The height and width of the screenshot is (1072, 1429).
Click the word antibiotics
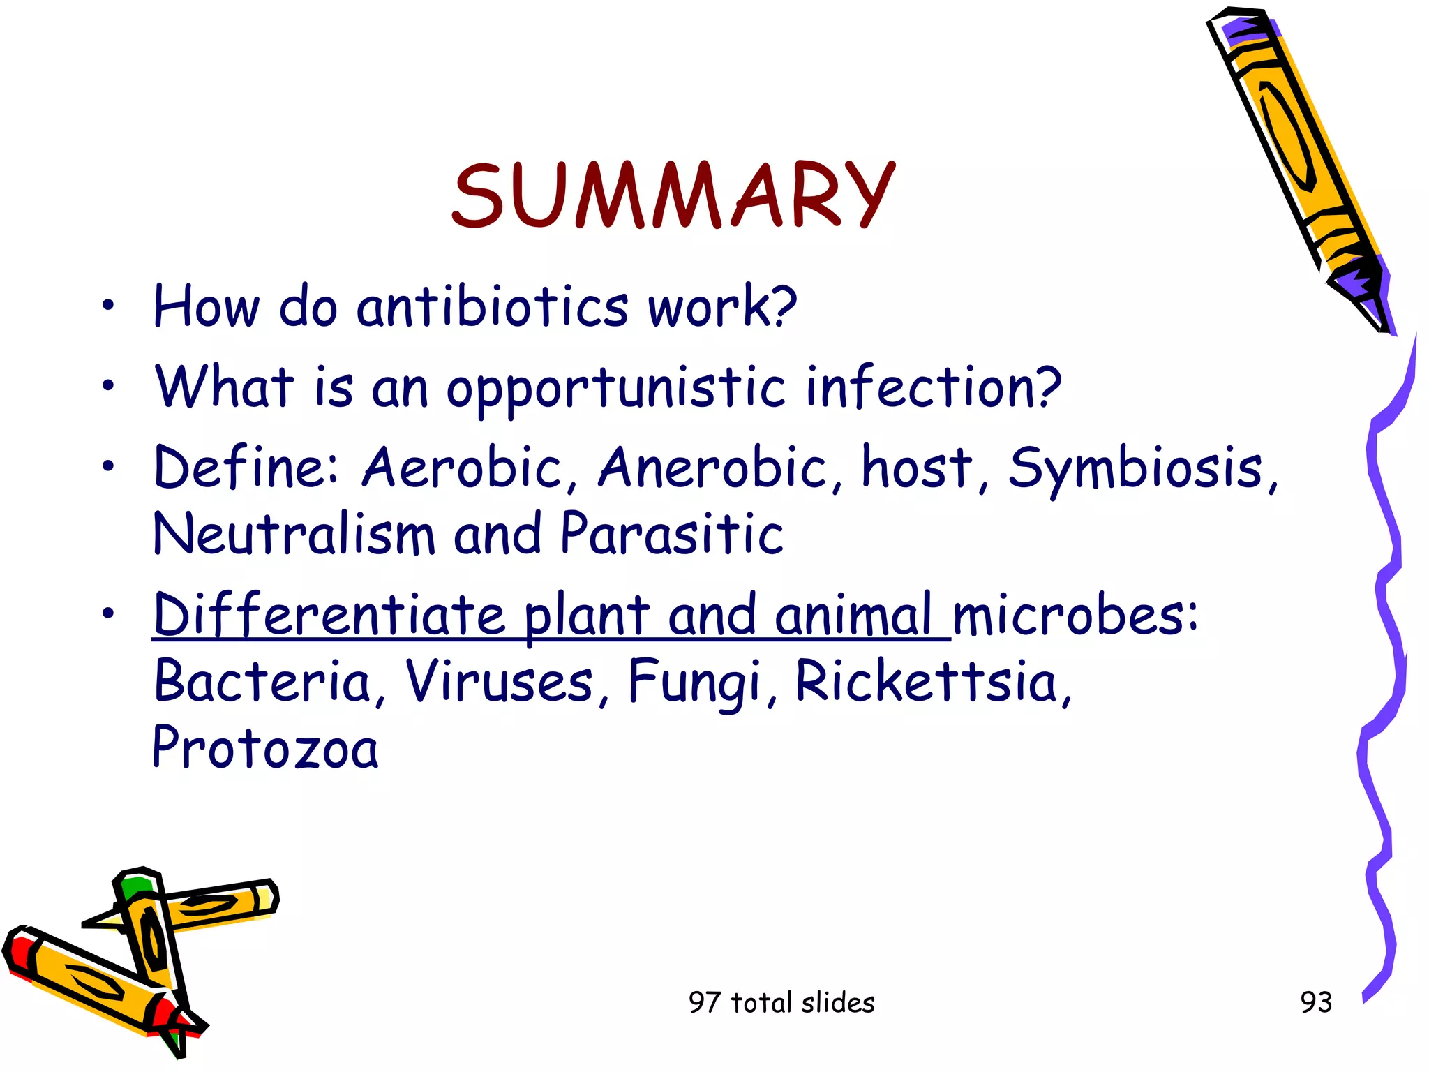pyautogui.click(x=493, y=307)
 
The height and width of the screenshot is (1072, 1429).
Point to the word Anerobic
pyautogui.click(x=712, y=468)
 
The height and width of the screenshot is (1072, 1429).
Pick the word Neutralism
pyautogui.click(x=293, y=535)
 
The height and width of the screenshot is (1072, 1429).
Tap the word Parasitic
pyautogui.click(x=671, y=535)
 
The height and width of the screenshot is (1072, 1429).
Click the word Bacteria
pyautogui.click(x=262, y=681)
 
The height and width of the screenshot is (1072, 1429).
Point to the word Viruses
pyautogui.click(x=500, y=681)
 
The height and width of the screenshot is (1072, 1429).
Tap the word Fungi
pyautogui.click(x=694, y=681)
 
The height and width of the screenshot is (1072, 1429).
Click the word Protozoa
pyautogui.click(x=265, y=748)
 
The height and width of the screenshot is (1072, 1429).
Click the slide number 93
pyautogui.click(x=1316, y=1002)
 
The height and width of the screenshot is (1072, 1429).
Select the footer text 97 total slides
pyautogui.click(x=781, y=1002)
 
